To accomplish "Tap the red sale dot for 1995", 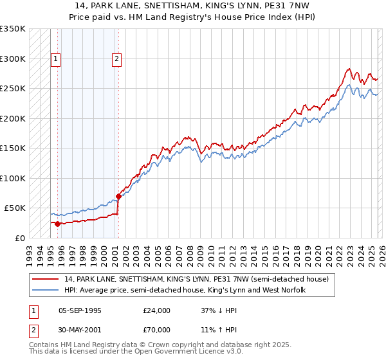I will [x=57, y=224].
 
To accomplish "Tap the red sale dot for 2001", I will [x=118, y=196].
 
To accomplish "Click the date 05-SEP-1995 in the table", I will [x=80, y=310].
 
